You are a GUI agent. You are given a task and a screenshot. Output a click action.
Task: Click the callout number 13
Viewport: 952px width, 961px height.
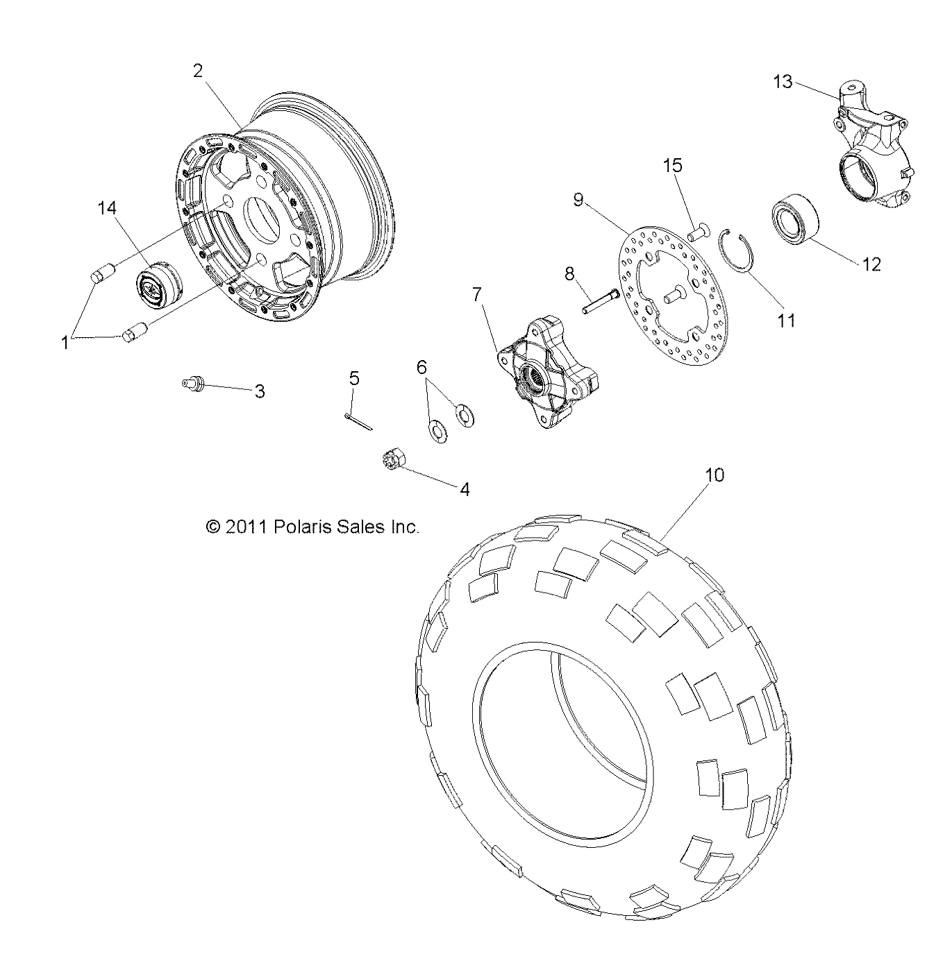[x=783, y=82]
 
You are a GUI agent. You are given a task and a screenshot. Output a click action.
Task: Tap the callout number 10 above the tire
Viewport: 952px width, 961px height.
[x=715, y=475]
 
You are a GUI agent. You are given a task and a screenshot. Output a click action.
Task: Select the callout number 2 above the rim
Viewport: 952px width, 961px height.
[x=198, y=71]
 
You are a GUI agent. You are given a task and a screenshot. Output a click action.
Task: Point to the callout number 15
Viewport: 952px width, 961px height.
[x=672, y=166]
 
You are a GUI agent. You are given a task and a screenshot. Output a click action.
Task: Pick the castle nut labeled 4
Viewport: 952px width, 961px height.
[x=390, y=461]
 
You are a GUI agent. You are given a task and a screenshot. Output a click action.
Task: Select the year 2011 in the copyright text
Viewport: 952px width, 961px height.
[x=244, y=527]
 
